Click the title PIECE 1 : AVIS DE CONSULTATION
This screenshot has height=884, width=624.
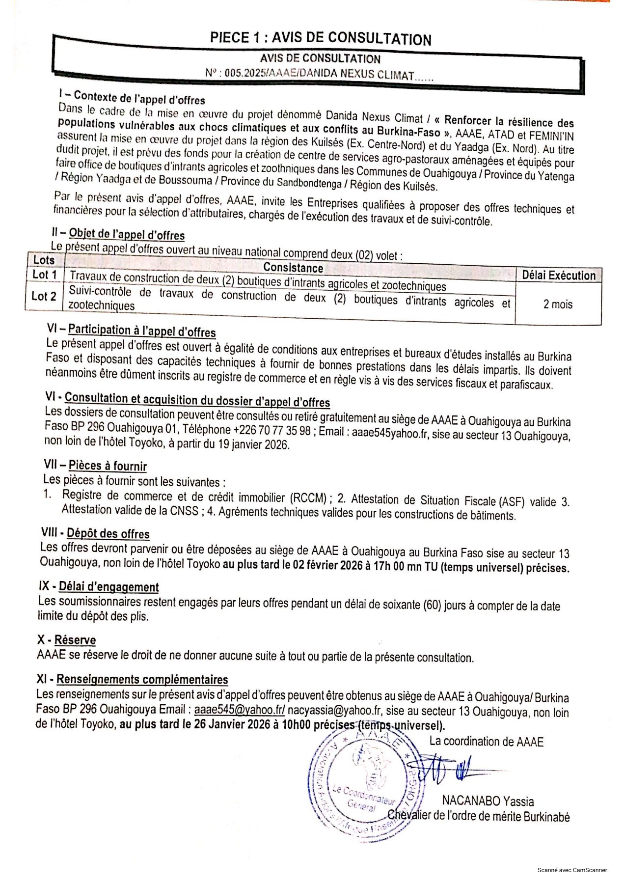coord(321,38)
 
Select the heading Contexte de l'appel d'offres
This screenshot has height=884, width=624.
coord(139,98)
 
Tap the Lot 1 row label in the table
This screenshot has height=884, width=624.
coord(44,275)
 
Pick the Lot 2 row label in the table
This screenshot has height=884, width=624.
coord(44,296)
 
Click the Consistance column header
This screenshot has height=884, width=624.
coord(293,267)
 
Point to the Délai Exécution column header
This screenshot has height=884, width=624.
coord(558,276)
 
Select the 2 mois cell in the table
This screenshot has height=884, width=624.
coord(558,304)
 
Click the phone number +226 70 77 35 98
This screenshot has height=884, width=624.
coord(272,430)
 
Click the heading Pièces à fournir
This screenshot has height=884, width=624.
coord(108,466)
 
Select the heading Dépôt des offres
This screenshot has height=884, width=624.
coord(108,534)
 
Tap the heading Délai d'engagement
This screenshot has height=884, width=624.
coord(109,587)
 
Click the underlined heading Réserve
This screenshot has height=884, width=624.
coord(75,640)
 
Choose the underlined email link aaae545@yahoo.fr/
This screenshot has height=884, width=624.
coord(240,710)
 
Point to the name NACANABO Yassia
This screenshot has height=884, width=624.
coord(488,801)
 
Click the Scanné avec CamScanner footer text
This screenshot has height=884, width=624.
coord(572,870)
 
